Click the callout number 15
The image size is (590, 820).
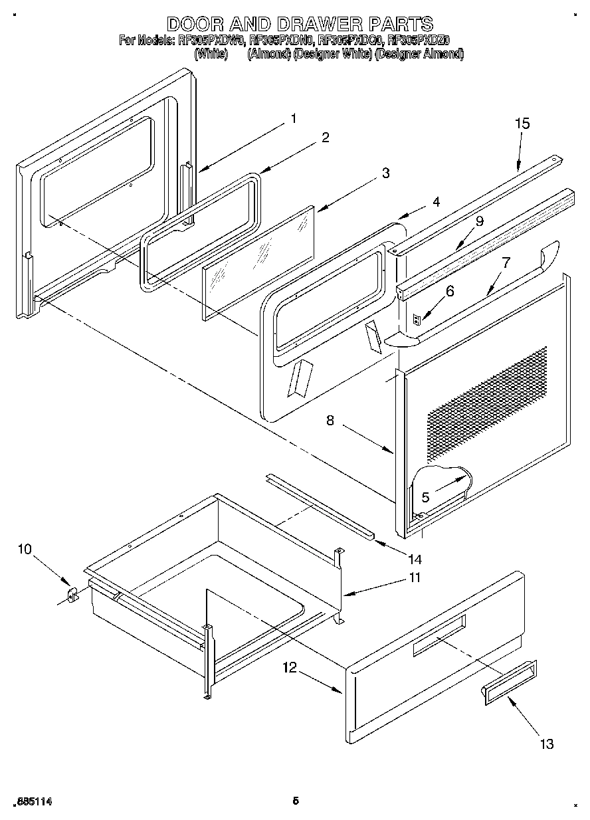(x=522, y=124)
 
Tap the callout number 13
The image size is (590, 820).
(x=546, y=744)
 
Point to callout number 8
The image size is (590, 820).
(x=330, y=419)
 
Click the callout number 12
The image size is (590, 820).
(x=289, y=669)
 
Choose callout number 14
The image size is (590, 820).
(x=415, y=559)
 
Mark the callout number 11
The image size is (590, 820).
(x=414, y=577)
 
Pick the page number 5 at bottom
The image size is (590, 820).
(x=295, y=801)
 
